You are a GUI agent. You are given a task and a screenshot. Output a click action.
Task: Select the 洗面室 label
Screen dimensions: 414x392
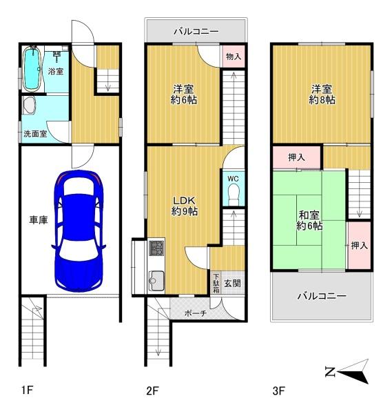point(34,134)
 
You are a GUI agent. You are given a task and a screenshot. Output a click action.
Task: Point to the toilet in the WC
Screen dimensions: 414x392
point(234,195)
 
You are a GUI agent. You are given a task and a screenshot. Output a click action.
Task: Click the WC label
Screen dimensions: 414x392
point(233,179)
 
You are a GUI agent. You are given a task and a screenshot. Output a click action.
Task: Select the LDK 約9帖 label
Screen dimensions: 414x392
point(184,206)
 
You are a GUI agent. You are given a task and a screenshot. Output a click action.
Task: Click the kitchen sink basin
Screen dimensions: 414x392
point(156,280)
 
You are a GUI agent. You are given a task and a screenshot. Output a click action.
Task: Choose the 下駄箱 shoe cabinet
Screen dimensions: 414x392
point(216,283)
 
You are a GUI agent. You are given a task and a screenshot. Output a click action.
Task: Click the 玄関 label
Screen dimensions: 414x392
point(232,283)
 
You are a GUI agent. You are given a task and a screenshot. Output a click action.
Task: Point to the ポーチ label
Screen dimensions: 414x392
point(194,313)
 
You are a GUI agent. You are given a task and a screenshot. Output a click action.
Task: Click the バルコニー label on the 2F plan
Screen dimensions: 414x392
point(196,32)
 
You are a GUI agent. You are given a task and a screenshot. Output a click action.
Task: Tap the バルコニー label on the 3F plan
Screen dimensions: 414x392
point(321,296)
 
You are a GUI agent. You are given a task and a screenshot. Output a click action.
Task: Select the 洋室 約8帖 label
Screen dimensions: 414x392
point(322,95)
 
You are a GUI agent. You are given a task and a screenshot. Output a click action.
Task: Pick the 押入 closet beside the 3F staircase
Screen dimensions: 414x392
point(358,245)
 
